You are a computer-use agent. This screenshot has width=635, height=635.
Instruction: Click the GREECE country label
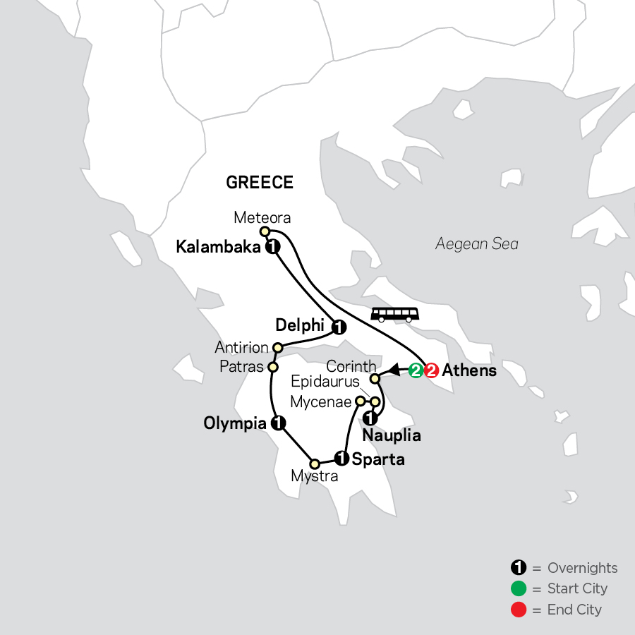coord(259,183)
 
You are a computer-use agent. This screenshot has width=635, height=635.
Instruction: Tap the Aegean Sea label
coord(477,244)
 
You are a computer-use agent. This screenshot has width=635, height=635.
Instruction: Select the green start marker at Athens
coord(416,370)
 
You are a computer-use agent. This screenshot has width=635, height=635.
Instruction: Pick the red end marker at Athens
coord(431,370)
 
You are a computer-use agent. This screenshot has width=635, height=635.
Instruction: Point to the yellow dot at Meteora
coord(265,231)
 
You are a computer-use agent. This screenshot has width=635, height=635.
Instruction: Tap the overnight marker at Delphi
coord(338,327)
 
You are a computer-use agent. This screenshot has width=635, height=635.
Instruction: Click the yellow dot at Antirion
coord(277,347)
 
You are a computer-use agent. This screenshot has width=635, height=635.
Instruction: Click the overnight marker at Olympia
coord(278,423)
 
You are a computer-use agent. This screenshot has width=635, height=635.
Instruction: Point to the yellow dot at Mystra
coord(315,464)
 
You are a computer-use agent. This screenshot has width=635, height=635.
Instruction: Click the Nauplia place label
coord(392,436)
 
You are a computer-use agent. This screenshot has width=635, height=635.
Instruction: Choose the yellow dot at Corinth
coord(376,380)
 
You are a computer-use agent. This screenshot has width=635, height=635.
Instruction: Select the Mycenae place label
coord(321,403)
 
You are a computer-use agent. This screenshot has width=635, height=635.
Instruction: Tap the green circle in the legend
coord(518,588)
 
